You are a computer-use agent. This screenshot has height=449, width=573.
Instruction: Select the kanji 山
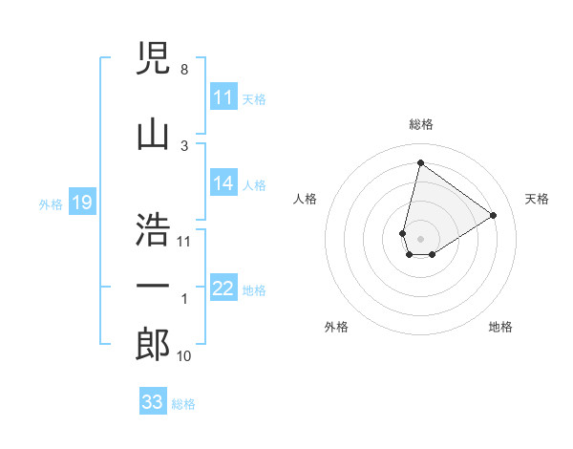pos(153,133)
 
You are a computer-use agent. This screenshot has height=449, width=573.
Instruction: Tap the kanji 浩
pos(153,228)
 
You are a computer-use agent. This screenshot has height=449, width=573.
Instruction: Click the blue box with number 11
pos(223,97)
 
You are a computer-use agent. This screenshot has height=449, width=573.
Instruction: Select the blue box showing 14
pos(223,183)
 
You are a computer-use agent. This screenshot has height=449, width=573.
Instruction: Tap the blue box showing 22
pos(223,289)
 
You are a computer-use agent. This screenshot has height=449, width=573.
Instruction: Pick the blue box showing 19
pos(82,203)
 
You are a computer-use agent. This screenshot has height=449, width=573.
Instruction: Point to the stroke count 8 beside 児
pos(183,70)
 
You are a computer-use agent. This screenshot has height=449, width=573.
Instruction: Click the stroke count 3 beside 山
pos(183,145)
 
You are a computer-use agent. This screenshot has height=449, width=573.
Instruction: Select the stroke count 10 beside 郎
pos(183,356)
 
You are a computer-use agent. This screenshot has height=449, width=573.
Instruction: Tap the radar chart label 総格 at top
pos(420,124)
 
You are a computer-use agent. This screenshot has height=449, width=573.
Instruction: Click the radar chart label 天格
pos(537,199)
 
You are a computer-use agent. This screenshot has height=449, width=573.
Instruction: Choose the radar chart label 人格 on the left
pos(306,199)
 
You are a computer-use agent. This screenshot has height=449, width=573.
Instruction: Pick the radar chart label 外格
pos(336,327)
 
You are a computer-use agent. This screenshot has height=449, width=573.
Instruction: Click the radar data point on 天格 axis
pos(494,215)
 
